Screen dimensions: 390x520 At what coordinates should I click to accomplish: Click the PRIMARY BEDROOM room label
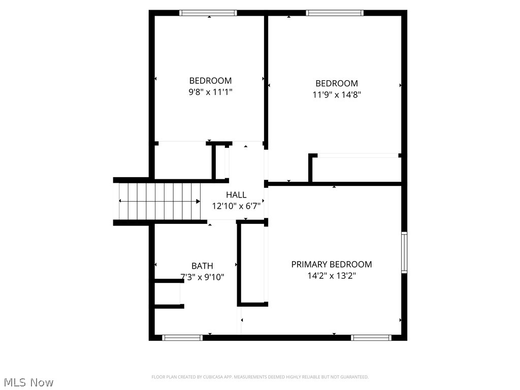pos(331,264)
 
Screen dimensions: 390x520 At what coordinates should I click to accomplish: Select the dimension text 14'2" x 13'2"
pos(331,276)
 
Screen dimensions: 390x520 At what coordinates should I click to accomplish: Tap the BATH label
pos(202,266)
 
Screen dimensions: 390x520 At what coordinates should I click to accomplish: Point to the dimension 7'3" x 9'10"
pos(202,277)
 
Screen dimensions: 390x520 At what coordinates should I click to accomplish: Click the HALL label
pos(236,194)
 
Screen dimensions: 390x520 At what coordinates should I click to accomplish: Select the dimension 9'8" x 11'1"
pos(210,92)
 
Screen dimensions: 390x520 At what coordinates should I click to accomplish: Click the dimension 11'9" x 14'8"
pos(337,94)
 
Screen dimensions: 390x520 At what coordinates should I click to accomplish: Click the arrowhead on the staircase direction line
pos(198,202)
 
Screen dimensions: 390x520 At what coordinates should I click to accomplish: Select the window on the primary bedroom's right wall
pos(404,252)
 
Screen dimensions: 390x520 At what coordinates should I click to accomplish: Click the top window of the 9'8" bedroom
pos(209,13)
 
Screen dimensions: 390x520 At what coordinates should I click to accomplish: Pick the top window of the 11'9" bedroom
pos(335,13)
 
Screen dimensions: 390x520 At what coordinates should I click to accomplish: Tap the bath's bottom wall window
pos(182,337)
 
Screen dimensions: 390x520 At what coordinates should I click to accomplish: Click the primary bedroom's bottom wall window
pos(372,337)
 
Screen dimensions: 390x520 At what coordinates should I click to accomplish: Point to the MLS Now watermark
pos(28,382)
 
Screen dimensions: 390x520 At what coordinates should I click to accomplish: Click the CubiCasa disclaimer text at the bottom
pos(260,377)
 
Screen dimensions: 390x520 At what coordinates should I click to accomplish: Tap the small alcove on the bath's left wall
pos(168,294)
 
